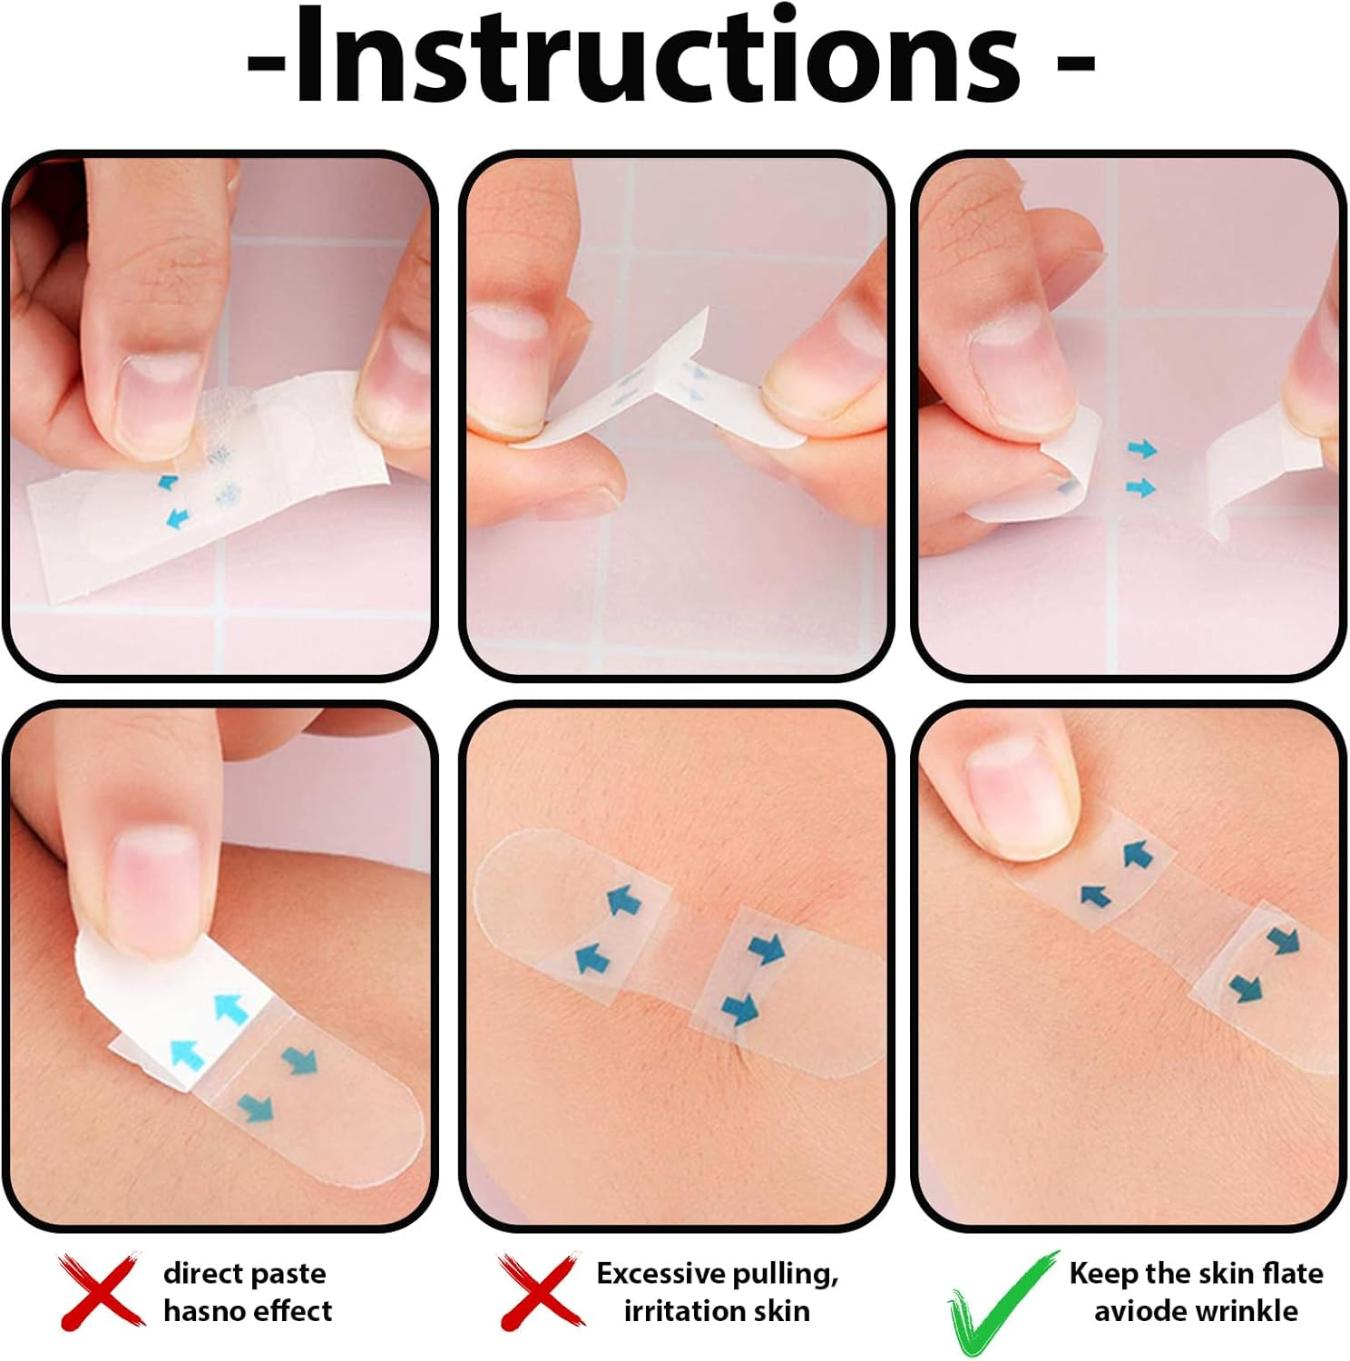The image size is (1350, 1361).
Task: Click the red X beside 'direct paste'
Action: point(101,1290)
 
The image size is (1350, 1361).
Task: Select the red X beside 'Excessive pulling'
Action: point(539,1290)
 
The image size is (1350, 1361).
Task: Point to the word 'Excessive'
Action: point(661,1274)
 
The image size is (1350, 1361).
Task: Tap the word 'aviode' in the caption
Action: point(1138,1311)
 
